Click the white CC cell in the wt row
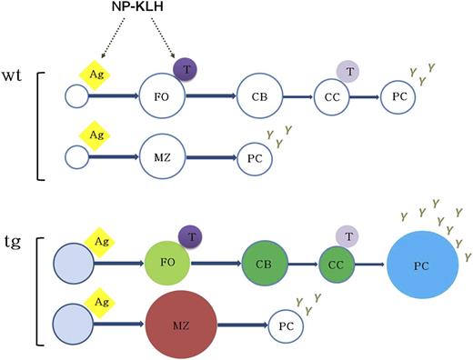330,95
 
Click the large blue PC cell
421,265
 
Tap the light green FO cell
166,264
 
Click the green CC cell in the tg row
337,264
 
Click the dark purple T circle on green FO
189,237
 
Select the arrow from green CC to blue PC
370,265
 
